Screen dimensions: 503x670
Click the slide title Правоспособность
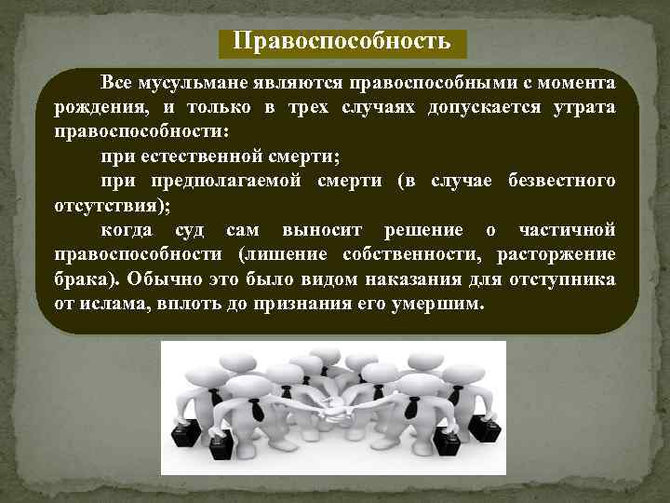(342, 42)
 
